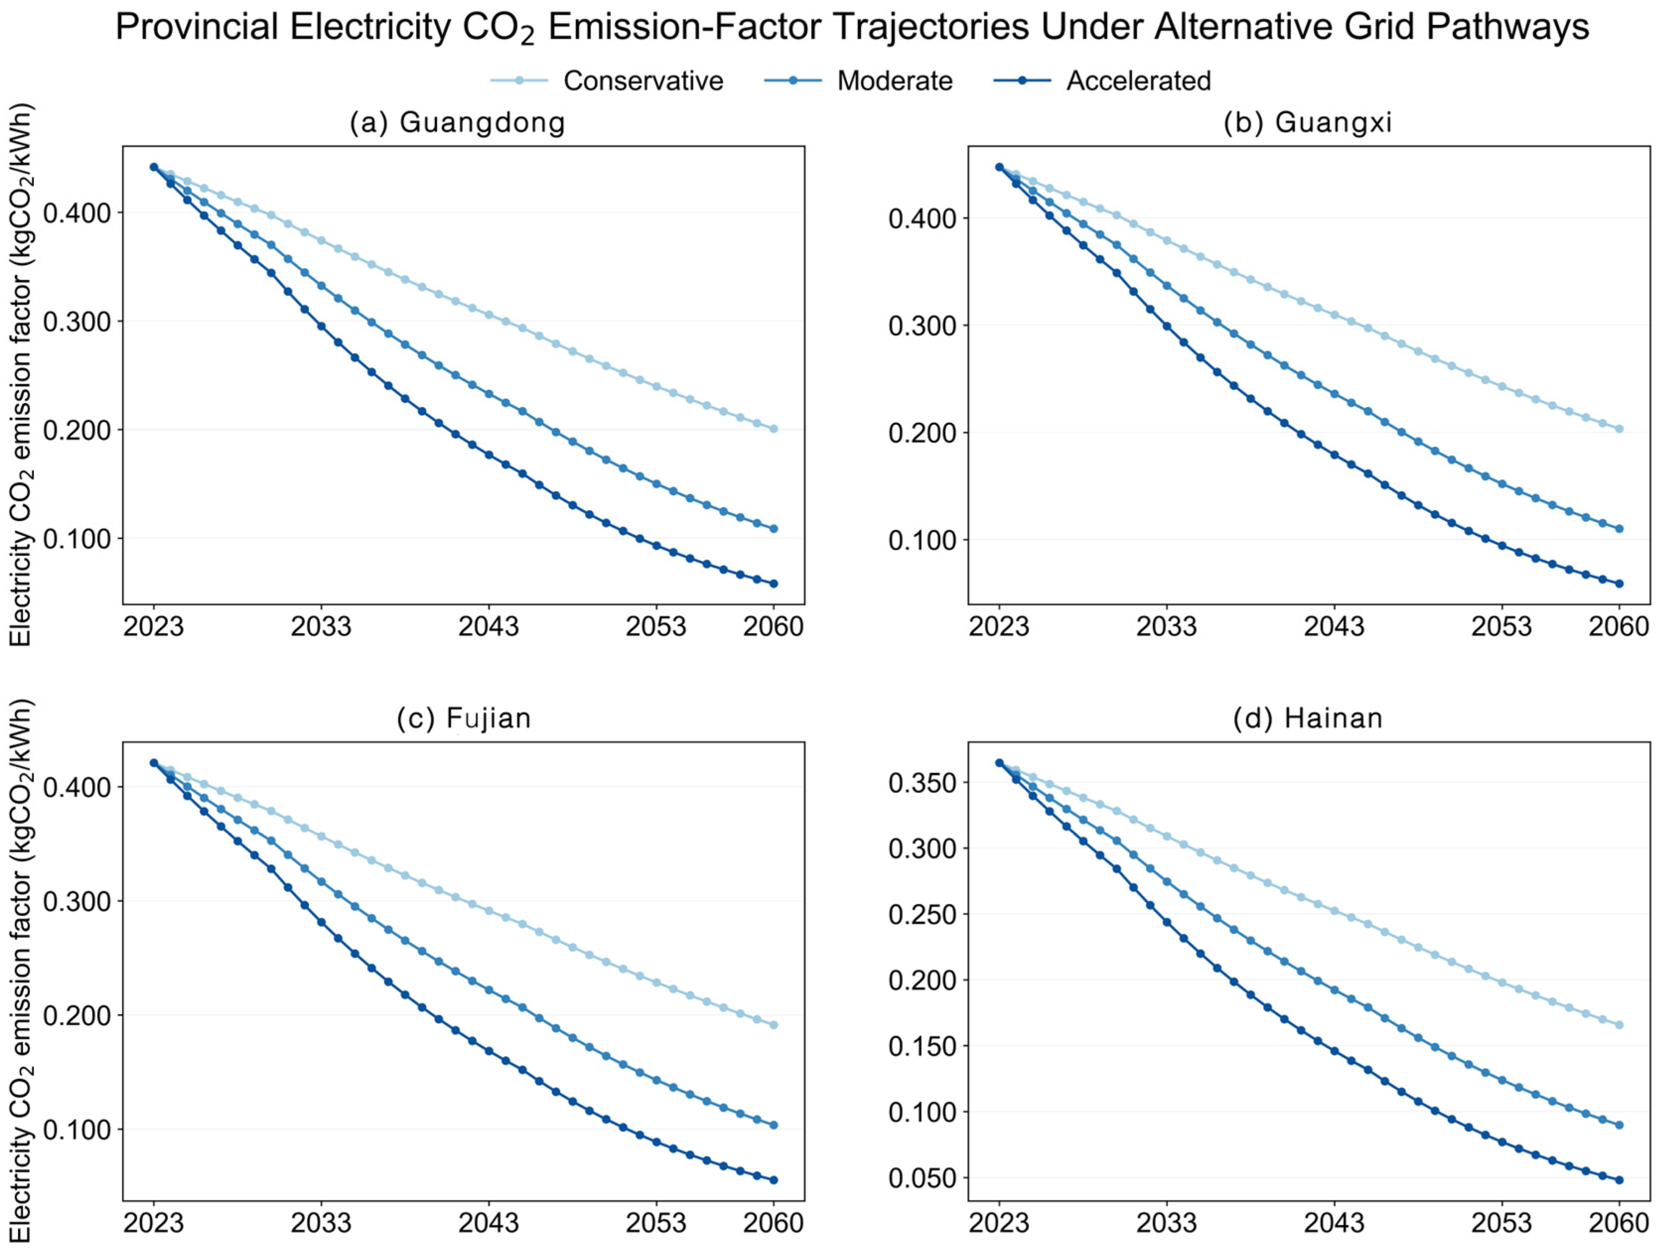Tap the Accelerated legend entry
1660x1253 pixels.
tap(1103, 80)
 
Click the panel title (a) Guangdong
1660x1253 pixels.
tap(458, 122)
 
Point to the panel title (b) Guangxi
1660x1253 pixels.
tap(1308, 122)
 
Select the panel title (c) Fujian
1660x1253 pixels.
tap(464, 718)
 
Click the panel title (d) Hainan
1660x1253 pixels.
tap(1308, 718)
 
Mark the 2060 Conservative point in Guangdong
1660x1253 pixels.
tap(774, 429)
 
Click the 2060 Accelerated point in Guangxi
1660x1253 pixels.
tap(1619, 584)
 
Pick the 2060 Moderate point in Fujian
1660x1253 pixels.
tap(774, 1124)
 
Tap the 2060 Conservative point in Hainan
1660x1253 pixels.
tap(1619, 1025)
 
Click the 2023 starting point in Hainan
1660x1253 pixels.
tap(999, 763)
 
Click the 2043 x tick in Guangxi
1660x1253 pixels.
tap(1333, 626)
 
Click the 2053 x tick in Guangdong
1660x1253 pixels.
tap(656, 626)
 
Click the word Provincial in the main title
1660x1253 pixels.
tap(197, 28)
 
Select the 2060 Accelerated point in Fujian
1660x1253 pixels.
tap(774, 1180)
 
